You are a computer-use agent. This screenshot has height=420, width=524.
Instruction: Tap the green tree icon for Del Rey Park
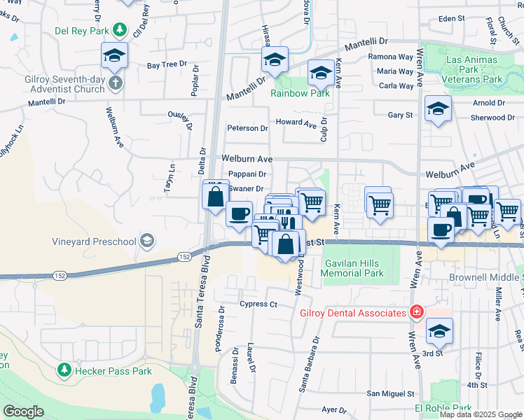click(120, 30)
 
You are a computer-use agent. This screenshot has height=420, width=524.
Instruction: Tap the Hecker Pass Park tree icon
click(64, 368)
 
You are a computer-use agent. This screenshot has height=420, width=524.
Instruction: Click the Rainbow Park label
click(301, 93)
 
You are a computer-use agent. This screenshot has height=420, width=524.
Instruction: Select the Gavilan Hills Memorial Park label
click(354, 268)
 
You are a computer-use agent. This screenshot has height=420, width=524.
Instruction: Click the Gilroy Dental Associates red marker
click(417, 311)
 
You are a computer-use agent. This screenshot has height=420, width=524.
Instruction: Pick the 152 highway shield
click(184, 257)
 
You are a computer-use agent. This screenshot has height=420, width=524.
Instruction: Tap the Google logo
click(23, 412)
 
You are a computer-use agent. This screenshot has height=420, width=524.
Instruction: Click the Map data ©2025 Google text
click(481, 414)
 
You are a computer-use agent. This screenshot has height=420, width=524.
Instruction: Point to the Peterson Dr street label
click(247, 128)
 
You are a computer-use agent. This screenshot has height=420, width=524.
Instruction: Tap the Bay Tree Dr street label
click(167, 64)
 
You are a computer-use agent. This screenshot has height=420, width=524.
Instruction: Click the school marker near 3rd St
click(439, 331)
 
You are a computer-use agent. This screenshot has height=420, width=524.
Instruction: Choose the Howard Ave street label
click(296, 122)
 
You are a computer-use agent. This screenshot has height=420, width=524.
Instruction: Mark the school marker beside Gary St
click(438, 108)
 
